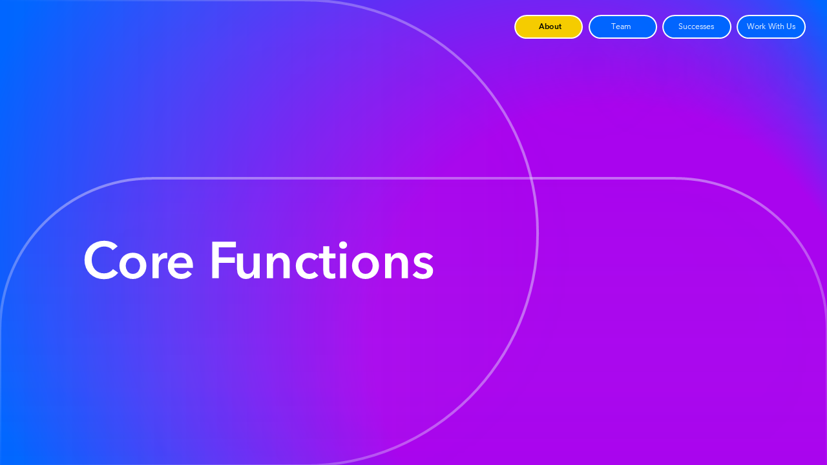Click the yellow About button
click(549, 26)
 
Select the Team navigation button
click(622, 26)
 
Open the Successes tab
click(696, 26)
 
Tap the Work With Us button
click(771, 26)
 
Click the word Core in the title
click(138, 260)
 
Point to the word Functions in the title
click(322, 260)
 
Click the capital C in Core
click(101, 260)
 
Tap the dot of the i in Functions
click(342, 245)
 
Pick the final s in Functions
click(423, 264)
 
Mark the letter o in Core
click(132, 264)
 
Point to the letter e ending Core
click(180, 264)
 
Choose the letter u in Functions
click(247, 265)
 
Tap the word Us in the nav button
click(791, 26)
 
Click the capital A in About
click(542, 26)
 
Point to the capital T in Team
click(614, 26)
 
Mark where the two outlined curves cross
click(531, 179)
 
